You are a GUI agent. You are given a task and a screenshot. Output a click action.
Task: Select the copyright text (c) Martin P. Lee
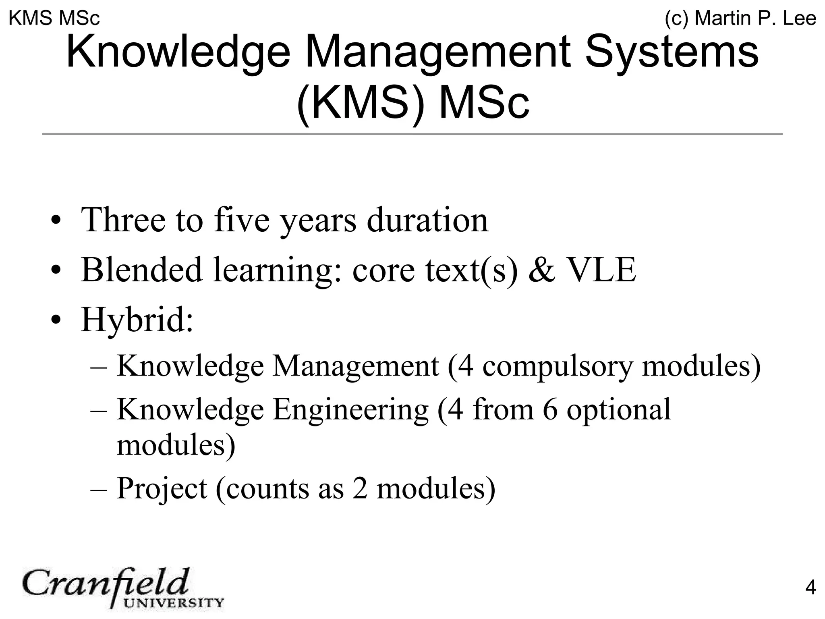click(740, 19)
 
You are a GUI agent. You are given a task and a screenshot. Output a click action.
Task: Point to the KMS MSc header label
click(54, 19)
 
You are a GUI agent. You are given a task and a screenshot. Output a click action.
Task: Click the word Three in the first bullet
click(123, 220)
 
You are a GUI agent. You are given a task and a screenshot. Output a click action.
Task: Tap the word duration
click(427, 220)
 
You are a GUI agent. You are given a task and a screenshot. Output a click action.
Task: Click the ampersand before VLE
click(542, 270)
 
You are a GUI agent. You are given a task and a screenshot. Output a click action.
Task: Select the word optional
click(619, 409)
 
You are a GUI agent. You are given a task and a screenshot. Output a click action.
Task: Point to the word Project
click(162, 488)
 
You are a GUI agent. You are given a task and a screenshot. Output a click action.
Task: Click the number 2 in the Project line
click(360, 488)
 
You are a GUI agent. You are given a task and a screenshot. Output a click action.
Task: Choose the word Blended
click(141, 270)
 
